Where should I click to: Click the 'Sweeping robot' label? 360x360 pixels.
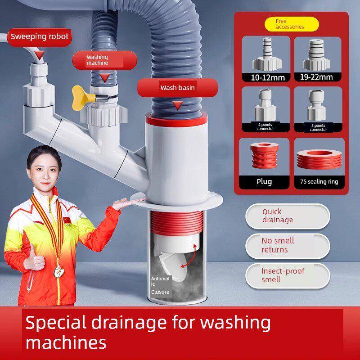pos(39,37)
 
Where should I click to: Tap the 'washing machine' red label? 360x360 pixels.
pos(105,60)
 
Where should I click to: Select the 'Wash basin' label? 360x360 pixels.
pos(177,87)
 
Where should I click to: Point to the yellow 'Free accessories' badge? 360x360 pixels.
pos(292,24)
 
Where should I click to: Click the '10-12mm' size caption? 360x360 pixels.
pos(268,77)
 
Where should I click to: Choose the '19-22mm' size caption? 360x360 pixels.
pos(316,77)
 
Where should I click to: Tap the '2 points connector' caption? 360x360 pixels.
pos(265,127)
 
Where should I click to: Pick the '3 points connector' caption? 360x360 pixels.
pos(318,127)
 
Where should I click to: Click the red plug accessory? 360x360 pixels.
pos(265,155)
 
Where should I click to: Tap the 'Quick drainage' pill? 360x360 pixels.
pos(288,216)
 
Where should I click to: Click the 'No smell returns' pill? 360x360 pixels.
pos(288,246)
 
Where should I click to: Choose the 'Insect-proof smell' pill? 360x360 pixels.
pos(288,275)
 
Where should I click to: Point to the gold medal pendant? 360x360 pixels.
pos(59,271)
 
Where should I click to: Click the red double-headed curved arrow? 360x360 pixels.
pos(189,256)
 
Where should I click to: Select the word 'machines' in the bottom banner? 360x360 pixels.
pos(66,343)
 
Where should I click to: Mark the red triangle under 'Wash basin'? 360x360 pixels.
pos(178,105)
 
